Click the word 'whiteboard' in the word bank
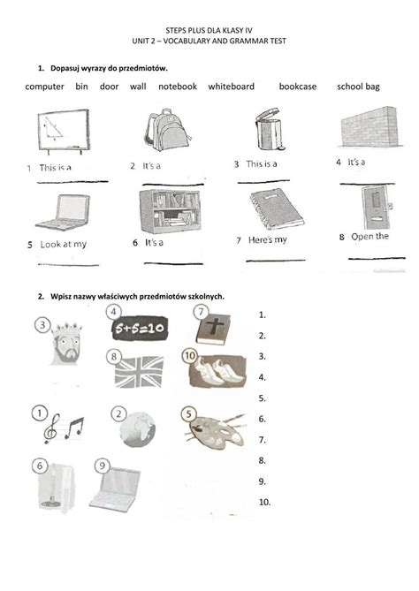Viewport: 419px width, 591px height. tap(232, 87)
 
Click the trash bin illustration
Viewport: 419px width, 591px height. tap(265, 130)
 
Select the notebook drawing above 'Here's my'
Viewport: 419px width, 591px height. tap(270, 209)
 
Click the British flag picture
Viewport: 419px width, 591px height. tap(140, 371)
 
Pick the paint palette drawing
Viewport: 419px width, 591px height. tap(212, 430)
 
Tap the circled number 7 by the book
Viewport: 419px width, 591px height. tap(201, 312)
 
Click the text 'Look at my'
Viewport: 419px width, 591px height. tap(63, 244)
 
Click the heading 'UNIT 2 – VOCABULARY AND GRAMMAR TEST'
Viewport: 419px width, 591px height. tap(209, 42)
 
